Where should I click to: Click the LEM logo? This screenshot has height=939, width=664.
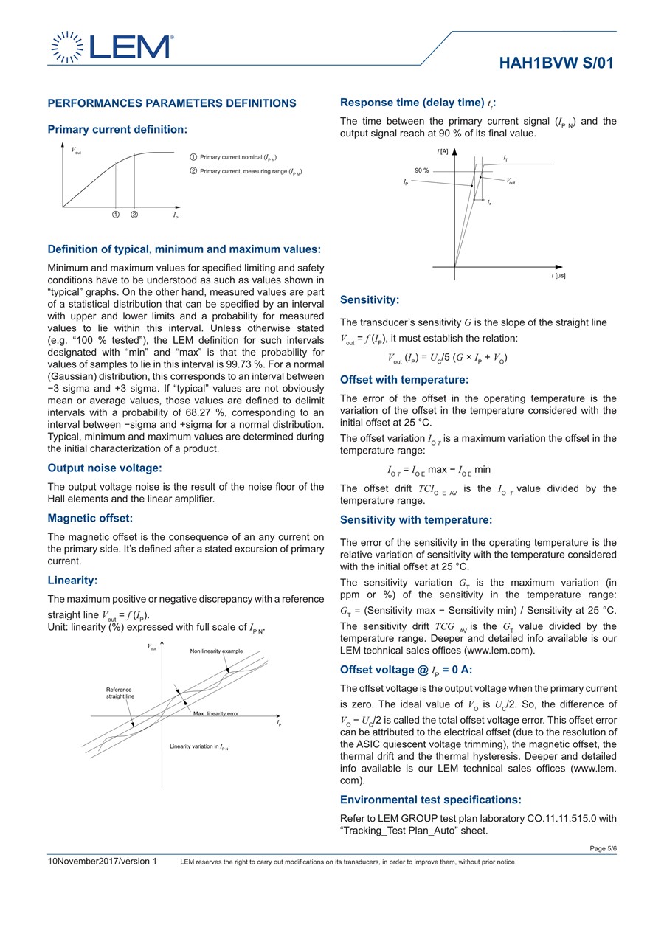[111, 47]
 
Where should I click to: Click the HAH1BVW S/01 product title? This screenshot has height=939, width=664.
[556, 63]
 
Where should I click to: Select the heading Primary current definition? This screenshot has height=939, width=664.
[117, 129]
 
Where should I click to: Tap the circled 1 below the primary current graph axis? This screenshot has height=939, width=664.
[117, 215]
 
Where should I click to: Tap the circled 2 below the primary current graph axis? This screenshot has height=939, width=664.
[134, 215]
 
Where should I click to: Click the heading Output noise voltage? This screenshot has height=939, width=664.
[105, 468]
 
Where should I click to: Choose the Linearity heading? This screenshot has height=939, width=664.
[72, 581]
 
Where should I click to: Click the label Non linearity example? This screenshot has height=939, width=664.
[216, 651]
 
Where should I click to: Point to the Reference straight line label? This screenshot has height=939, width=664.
[120, 693]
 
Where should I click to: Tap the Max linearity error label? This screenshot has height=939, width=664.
[216, 713]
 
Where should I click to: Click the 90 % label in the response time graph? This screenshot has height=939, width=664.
[421, 170]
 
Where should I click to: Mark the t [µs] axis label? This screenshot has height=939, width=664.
[558, 275]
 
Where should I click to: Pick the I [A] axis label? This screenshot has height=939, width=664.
[443, 151]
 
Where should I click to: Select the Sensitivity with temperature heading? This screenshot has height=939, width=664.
[416, 520]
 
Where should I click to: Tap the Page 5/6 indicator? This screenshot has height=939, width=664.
[603, 848]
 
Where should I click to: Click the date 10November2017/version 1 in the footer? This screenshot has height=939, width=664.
[103, 862]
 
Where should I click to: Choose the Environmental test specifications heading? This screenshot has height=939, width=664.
[431, 800]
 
